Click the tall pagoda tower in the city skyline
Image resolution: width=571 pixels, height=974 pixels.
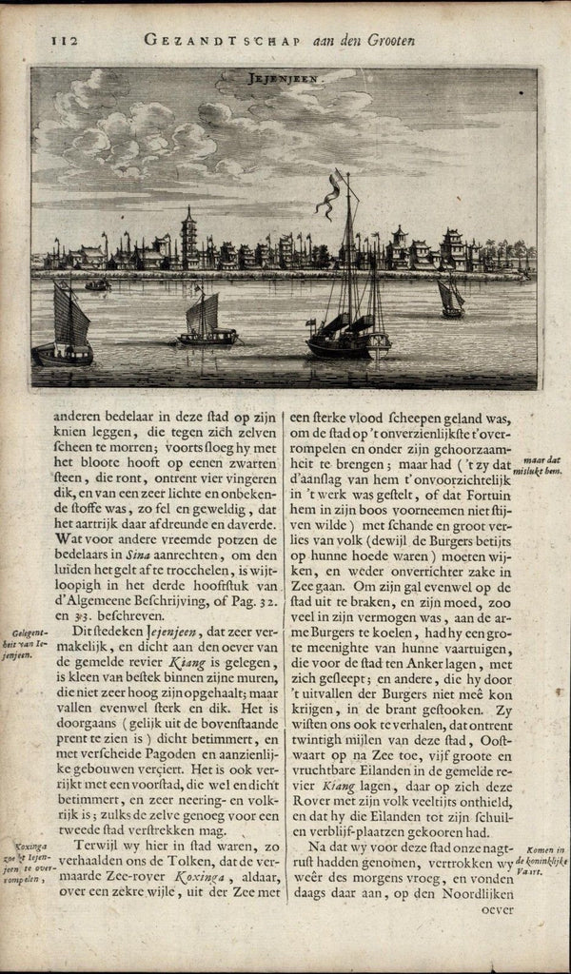pyautogui.click(x=189, y=238)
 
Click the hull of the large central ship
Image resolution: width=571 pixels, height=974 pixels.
pyautogui.click(x=348, y=344)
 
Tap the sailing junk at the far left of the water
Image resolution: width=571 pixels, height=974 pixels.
pyautogui.click(x=65, y=327)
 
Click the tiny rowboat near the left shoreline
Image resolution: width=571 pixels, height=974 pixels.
pyautogui.click(x=97, y=283)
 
